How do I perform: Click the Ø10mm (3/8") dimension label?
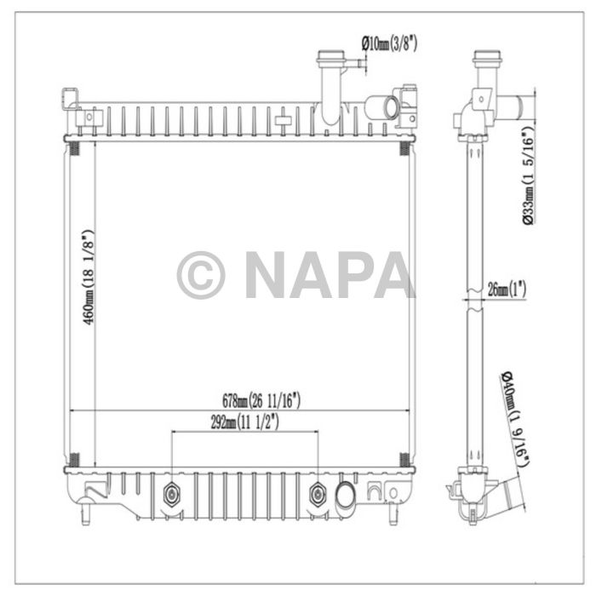[389, 44]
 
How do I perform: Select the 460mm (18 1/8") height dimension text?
[89, 277]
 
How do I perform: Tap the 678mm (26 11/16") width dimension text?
[261, 401]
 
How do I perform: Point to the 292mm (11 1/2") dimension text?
[245, 422]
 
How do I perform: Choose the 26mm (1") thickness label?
[507, 289]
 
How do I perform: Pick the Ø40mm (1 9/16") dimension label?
[515, 419]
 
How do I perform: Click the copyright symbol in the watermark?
[201, 275]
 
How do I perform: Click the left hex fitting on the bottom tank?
[172, 495]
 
